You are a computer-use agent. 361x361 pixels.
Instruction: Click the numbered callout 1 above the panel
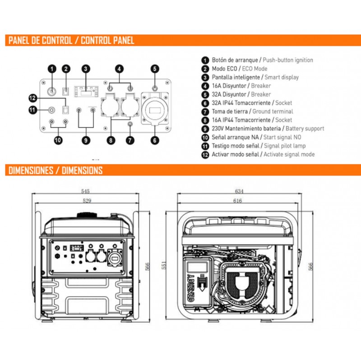[x=52, y=69]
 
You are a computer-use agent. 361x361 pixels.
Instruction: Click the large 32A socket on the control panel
[x=154, y=109]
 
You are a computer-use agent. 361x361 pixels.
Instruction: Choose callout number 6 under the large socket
[x=155, y=140]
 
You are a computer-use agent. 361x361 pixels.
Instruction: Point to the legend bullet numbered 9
[x=205, y=129]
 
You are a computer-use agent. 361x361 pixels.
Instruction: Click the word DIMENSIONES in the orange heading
[x=32, y=171]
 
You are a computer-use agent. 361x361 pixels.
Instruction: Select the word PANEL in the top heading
[x=20, y=41]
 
